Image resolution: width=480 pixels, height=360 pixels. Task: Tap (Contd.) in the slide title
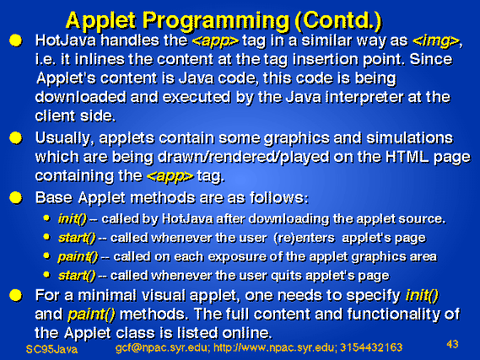tap(338, 20)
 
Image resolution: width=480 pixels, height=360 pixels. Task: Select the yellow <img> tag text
tap(436, 41)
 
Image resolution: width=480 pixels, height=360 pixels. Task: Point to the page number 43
tap(452, 344)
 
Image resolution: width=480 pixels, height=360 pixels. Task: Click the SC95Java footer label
tap(51, 349)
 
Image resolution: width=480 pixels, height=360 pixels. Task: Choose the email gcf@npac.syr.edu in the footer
tap(163, 348)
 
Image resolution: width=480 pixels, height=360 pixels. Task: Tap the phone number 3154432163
tap(371, 347)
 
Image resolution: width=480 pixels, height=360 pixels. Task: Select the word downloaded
tap(80, 97)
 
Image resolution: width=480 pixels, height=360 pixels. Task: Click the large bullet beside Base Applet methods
tap(16, 197)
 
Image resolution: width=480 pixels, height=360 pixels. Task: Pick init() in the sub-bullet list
tap(73, 219)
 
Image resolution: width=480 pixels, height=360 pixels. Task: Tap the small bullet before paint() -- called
tap(46, 255)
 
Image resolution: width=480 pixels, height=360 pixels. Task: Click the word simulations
tap(410, 138)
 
